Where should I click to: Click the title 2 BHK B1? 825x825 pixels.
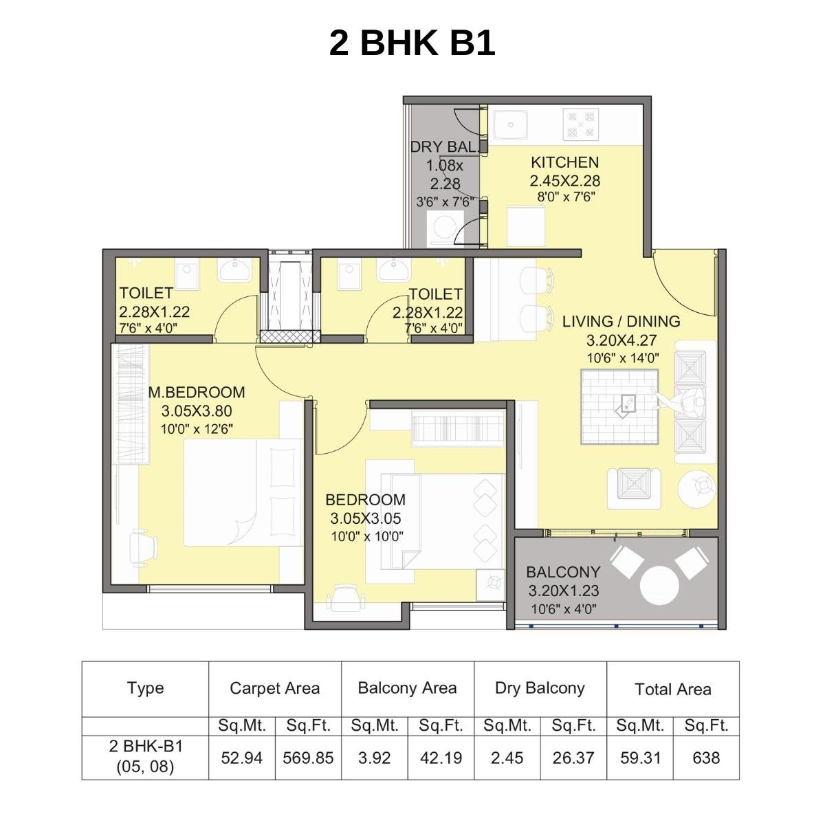pyautogui.click(x=412, y=43)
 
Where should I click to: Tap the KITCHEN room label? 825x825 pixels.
pyautogui.click(x=564, y=162)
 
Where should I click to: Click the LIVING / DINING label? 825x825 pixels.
pyautogui.click(x=621, y=321)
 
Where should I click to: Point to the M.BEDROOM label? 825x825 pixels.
pyautogui.click(x=197, y=393)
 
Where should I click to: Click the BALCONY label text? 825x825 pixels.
pyautogui.click(x=563, y=572)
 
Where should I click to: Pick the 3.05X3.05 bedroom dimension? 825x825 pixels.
pyautogui.click(x=365, y=518)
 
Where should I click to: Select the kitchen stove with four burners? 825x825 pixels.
pyautogui.click(x=580, y=125)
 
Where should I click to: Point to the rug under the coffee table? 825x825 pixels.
pyautogui.click(x=619, y=407)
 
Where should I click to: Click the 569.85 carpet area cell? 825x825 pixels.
pyautogui.click(x=308, y=758)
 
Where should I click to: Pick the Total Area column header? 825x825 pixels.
pyautogui.click(x=672, y=689)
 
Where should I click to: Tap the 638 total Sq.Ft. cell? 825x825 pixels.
pyautogui.click(x=706, y=758)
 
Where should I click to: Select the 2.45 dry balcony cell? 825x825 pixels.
pyautogui.click(x=507, y=758)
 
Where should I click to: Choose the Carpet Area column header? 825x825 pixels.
pyautogui.click(x=274, y=688)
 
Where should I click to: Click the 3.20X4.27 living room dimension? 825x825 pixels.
pyautogui.click(x=621, y=340)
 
